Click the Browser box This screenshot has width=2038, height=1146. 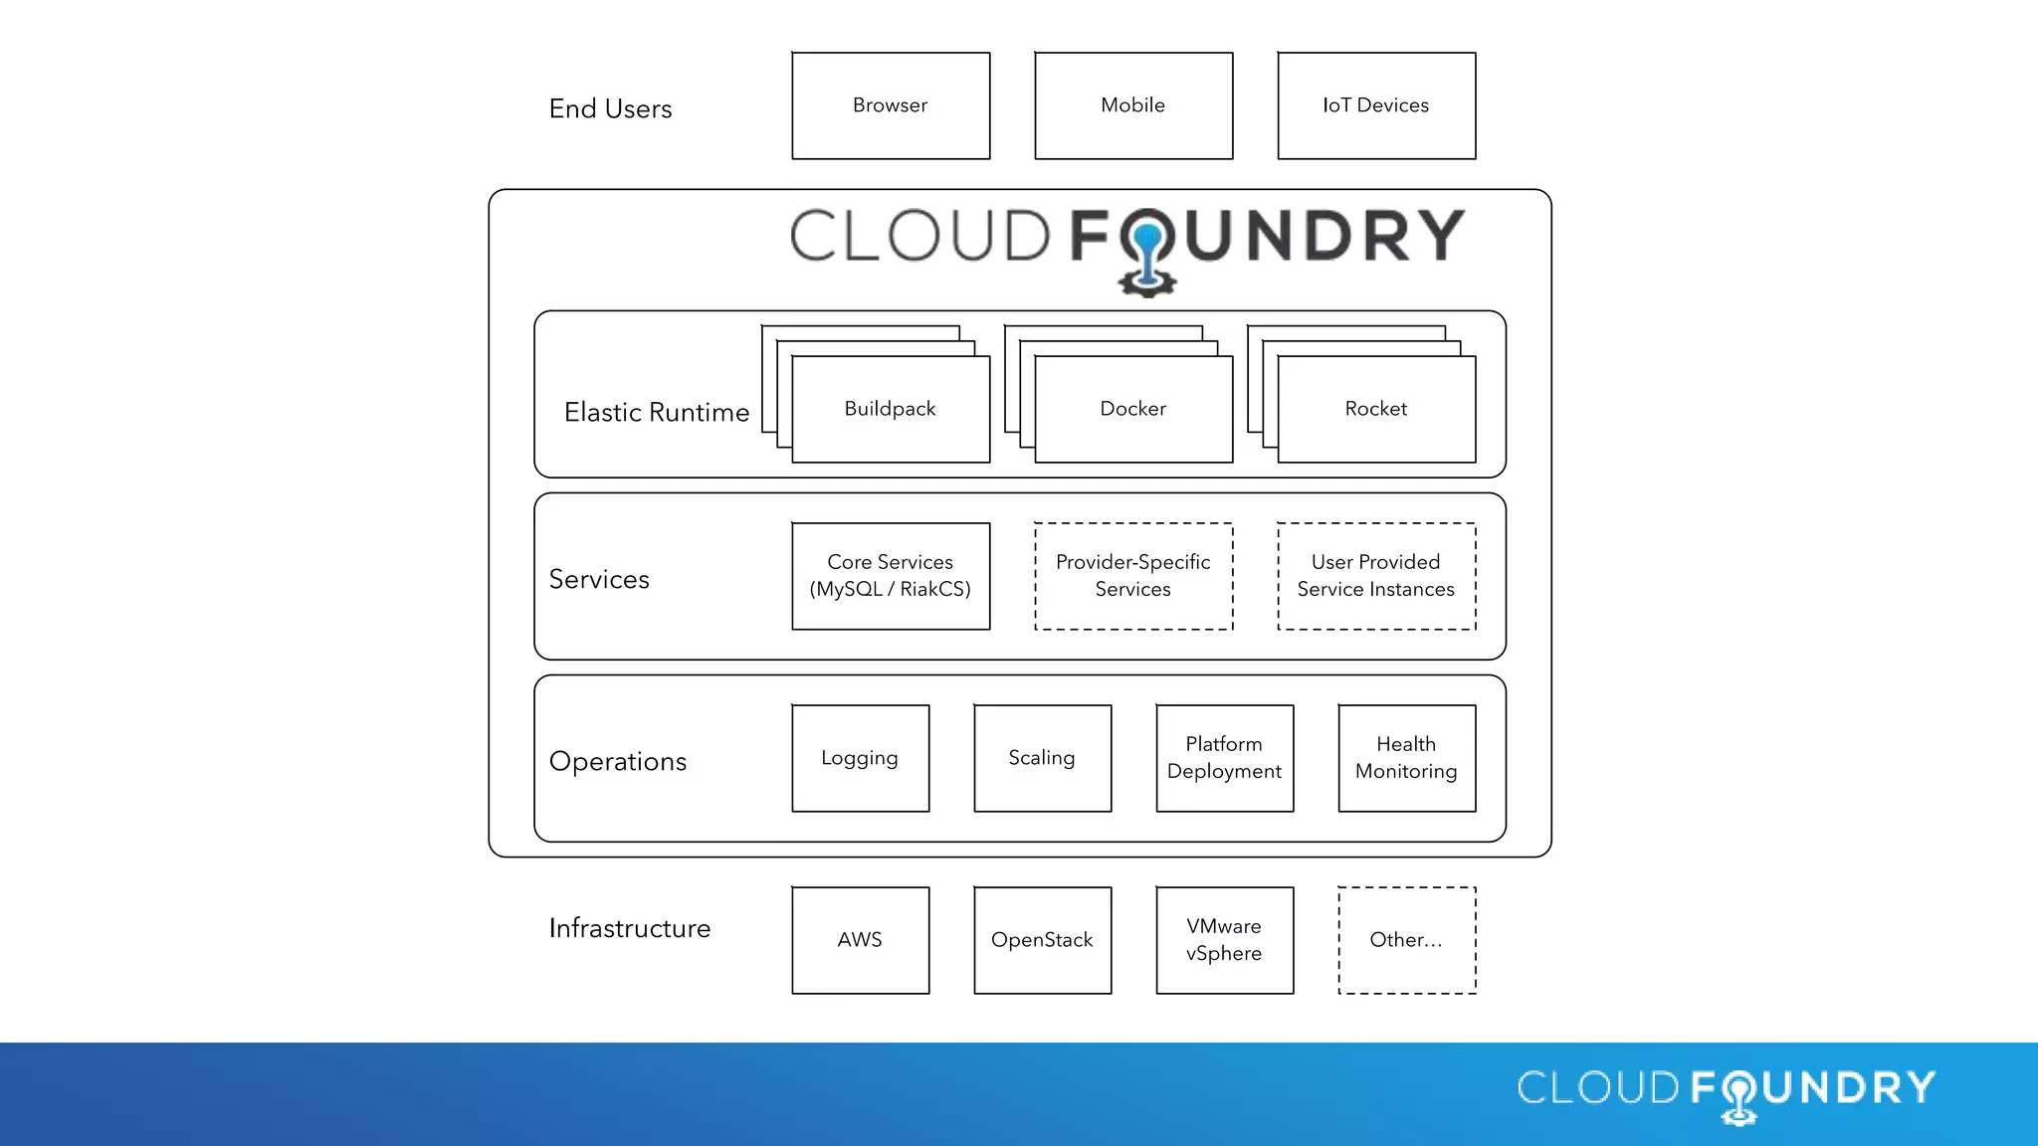click(x=891, y=105)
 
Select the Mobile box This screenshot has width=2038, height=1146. click(x=1133, y=105)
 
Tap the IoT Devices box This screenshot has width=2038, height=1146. click(x=1376, y=105)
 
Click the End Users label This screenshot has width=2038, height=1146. click(x=610, y=108)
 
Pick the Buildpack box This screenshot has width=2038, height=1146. click(x=891, y=409)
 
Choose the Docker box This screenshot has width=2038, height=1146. click(x=1133, y=409)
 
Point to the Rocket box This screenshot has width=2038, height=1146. click(x=1376, y=409)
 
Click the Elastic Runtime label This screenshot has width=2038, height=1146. click(x=657, y=412)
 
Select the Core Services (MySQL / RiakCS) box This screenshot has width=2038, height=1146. click(x=891, y=576)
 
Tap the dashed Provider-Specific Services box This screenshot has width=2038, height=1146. click(x=1133, y=576)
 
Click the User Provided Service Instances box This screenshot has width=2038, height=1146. click(x=1376, y=576)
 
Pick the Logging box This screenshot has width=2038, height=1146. click(x=860, y=758)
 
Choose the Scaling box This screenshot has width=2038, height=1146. click(x=1042, y=758)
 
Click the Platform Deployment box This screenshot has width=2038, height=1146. click(x=1224, y=758)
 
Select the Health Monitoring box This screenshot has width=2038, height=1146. click(x=1406, y=758)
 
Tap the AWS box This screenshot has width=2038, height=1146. click(x=860, y=940)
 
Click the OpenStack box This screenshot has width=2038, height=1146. click(x=1042, y=940)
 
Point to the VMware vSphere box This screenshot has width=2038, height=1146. click(x=1224, y=940)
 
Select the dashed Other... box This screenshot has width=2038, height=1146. click(x=1406, y=940)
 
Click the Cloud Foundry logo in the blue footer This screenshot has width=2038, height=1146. click(x=1727, y=1091)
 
